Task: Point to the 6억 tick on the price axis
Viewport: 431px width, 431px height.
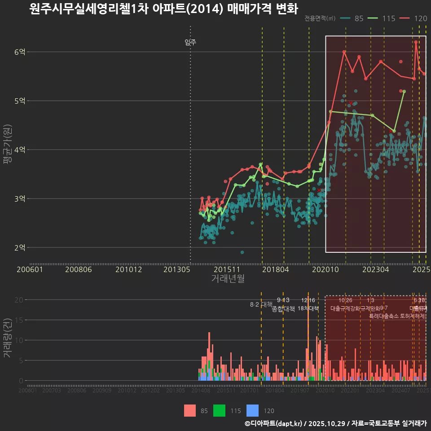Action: coord(20,52)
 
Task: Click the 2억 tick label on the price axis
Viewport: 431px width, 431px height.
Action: coord(20,247)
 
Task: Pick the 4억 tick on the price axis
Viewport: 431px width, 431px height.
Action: coord(20,150)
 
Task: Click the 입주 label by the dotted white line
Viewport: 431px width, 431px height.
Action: coord(190,43)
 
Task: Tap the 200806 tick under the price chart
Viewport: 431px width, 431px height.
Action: coord(79,269)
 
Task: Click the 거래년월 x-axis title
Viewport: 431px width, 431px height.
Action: coord(228,278)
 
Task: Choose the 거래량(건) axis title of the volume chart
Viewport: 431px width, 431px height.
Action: coord(7,338)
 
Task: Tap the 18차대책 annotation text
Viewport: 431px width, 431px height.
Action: coord(308,308)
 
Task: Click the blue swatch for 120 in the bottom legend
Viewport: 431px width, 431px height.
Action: coord(253,410)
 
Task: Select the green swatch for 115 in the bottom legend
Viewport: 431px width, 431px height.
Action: coord(219,410)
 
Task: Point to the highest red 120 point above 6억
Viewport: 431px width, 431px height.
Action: coord(416,42)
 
